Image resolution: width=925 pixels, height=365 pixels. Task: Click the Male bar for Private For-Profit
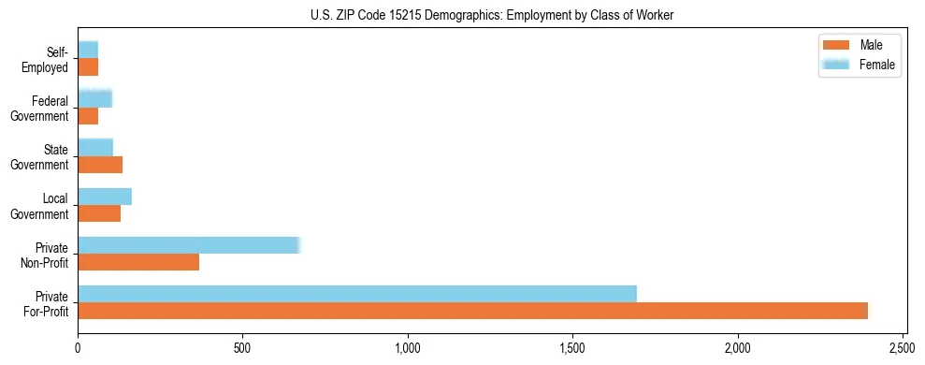[472, 311]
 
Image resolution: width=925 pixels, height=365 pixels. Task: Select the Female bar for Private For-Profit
[357, 294]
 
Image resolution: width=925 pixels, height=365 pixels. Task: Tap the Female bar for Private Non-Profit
[188, 245]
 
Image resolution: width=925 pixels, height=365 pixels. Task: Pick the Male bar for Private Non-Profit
[138, 262]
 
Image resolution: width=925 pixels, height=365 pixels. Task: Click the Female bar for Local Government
[105, 197]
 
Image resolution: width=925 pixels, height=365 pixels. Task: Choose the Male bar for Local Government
[99, 213]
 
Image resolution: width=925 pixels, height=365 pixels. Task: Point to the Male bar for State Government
[100, 165]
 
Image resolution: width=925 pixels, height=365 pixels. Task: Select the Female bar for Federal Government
[94, 98]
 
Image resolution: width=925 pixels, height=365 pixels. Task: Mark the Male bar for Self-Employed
[88, 67]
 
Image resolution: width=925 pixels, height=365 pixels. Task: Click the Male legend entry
[859, 45]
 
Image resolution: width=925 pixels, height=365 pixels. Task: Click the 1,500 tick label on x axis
[573, 348]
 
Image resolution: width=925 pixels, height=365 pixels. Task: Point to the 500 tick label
[243, 348]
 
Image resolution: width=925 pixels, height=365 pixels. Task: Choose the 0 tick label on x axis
[78, 348]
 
